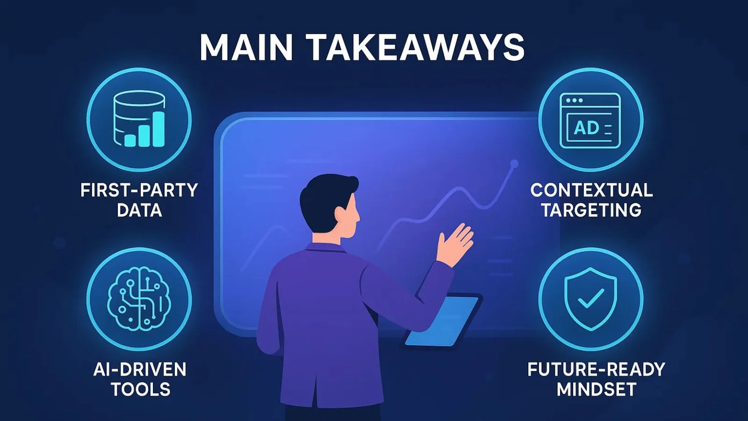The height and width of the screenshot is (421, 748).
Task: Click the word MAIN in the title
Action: point(246,47)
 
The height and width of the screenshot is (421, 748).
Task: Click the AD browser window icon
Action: point(590,121)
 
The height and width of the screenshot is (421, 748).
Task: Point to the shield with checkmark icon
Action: point(591,299)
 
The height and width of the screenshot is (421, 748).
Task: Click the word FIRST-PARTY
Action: point(139,190)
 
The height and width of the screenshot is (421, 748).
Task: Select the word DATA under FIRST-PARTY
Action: point(139,210)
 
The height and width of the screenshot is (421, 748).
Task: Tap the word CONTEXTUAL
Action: point(591,190)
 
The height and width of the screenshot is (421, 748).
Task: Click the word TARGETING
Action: point(591,210)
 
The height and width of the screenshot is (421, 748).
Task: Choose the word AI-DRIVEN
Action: point(140,370)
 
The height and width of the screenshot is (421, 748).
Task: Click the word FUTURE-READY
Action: point(596,370)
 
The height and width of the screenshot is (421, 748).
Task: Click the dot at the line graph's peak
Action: point(514,164)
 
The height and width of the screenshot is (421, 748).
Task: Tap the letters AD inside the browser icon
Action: point(586,128)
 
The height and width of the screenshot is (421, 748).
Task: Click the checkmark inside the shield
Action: point(591,298)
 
